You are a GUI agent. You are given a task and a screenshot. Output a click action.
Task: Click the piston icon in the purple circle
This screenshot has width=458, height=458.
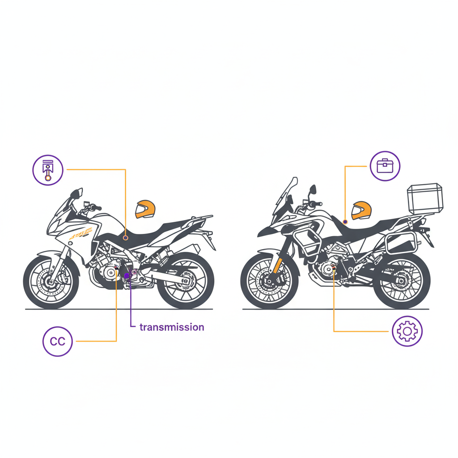pos(47,170)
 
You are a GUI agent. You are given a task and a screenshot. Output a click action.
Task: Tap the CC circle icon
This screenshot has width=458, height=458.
pos(57,342)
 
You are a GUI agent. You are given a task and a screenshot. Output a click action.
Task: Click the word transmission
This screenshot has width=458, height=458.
pos(172,327)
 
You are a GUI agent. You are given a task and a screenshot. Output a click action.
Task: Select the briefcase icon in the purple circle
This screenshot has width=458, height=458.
pos(385,166)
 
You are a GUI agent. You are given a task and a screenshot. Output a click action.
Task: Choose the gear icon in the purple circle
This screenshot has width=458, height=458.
pos(407,331)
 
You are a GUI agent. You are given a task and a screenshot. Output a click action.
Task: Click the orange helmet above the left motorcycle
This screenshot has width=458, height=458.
pos(145,209)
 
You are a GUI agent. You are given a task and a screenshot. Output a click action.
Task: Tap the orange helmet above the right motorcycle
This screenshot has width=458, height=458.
pos(361,210)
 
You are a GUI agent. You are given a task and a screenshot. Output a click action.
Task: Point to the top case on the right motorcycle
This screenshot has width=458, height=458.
pos(424,198)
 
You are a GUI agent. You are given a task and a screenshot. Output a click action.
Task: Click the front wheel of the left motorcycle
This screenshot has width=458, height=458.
pos(51,281)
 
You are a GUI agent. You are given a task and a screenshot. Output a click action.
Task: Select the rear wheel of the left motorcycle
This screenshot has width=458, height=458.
pos(185,281)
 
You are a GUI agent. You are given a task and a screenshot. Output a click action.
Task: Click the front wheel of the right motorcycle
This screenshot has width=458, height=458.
pos(269,281)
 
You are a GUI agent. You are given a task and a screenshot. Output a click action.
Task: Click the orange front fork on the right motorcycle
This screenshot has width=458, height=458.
pos(277,264)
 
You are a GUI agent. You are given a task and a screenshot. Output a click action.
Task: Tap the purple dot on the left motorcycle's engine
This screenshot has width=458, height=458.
pos(127,276)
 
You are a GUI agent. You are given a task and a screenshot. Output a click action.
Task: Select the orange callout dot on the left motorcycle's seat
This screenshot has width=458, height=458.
pos(126,238)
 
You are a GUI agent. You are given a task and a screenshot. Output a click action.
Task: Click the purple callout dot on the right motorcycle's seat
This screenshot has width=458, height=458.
pos(345,221)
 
